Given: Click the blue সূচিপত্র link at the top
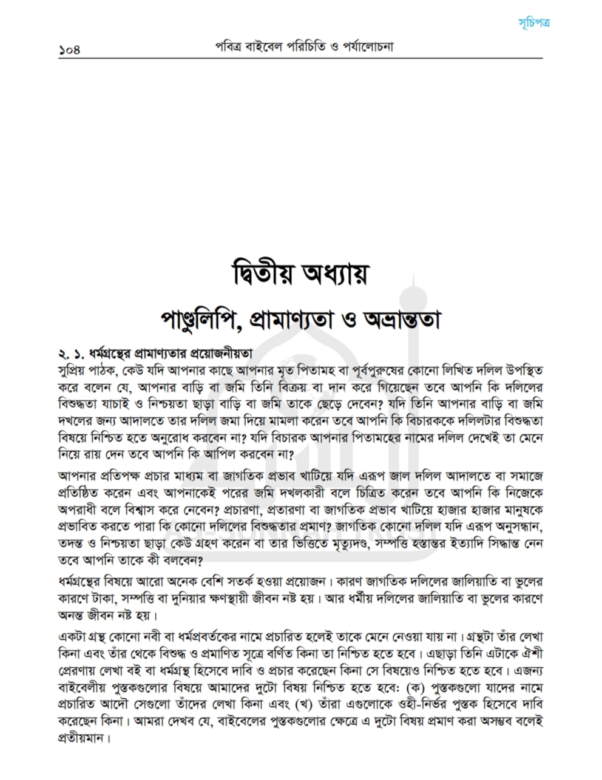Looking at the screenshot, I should click(535, 24).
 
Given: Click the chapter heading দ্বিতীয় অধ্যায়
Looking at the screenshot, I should click(301, 274).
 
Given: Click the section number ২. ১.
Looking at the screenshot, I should click(69, 353).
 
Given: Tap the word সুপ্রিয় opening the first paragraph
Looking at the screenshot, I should click(70, 369).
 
